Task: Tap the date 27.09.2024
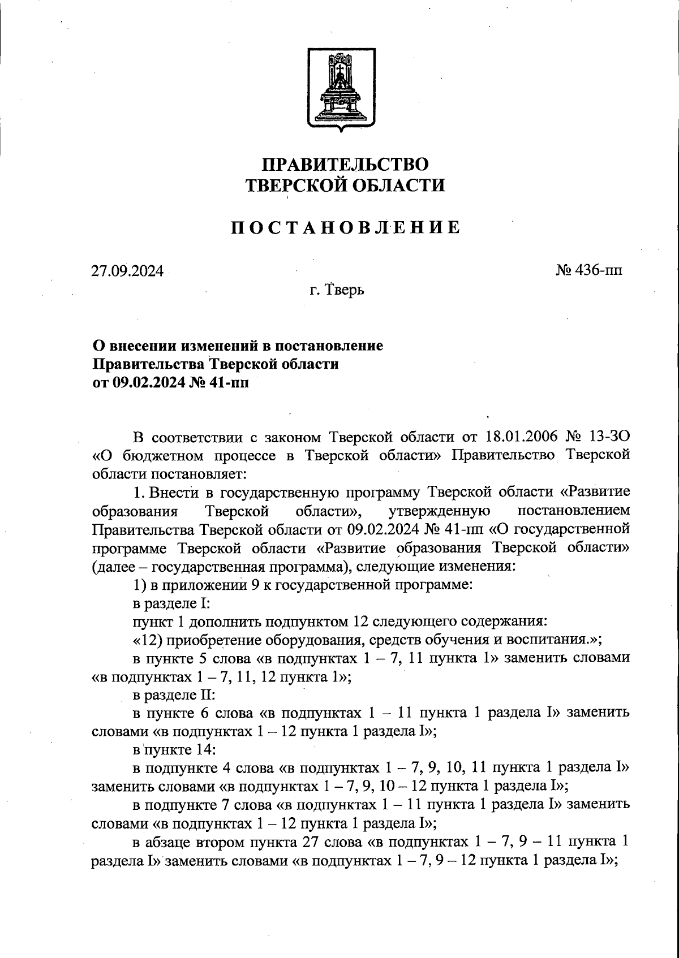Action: click(127, 271)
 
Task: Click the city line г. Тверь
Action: click(337, 290)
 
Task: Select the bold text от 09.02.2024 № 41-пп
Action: click(170, 382)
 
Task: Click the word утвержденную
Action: click(440, 511)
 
